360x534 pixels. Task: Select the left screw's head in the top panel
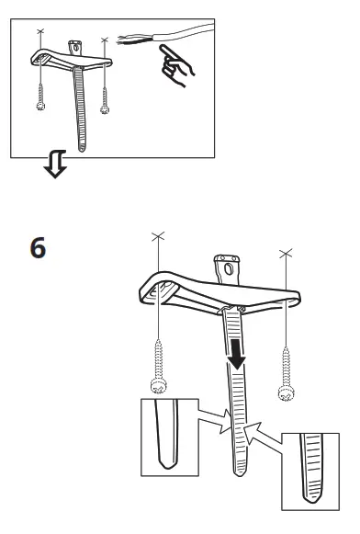coord(41,106)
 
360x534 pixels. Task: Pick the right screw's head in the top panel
coord(107,107)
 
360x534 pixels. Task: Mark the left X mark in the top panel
coord(39,32)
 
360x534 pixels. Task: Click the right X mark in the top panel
coord(106,40)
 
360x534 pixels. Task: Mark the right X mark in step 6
coord(287,252)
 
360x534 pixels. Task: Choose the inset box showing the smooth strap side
coord(170,437)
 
